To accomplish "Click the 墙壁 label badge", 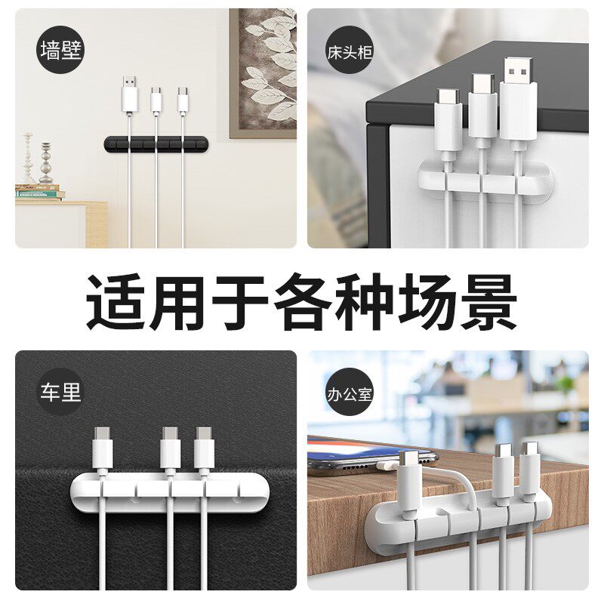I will pyautogui.click(x=61, y=51).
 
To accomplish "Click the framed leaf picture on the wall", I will pyautogui.click(x=263, y=73).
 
